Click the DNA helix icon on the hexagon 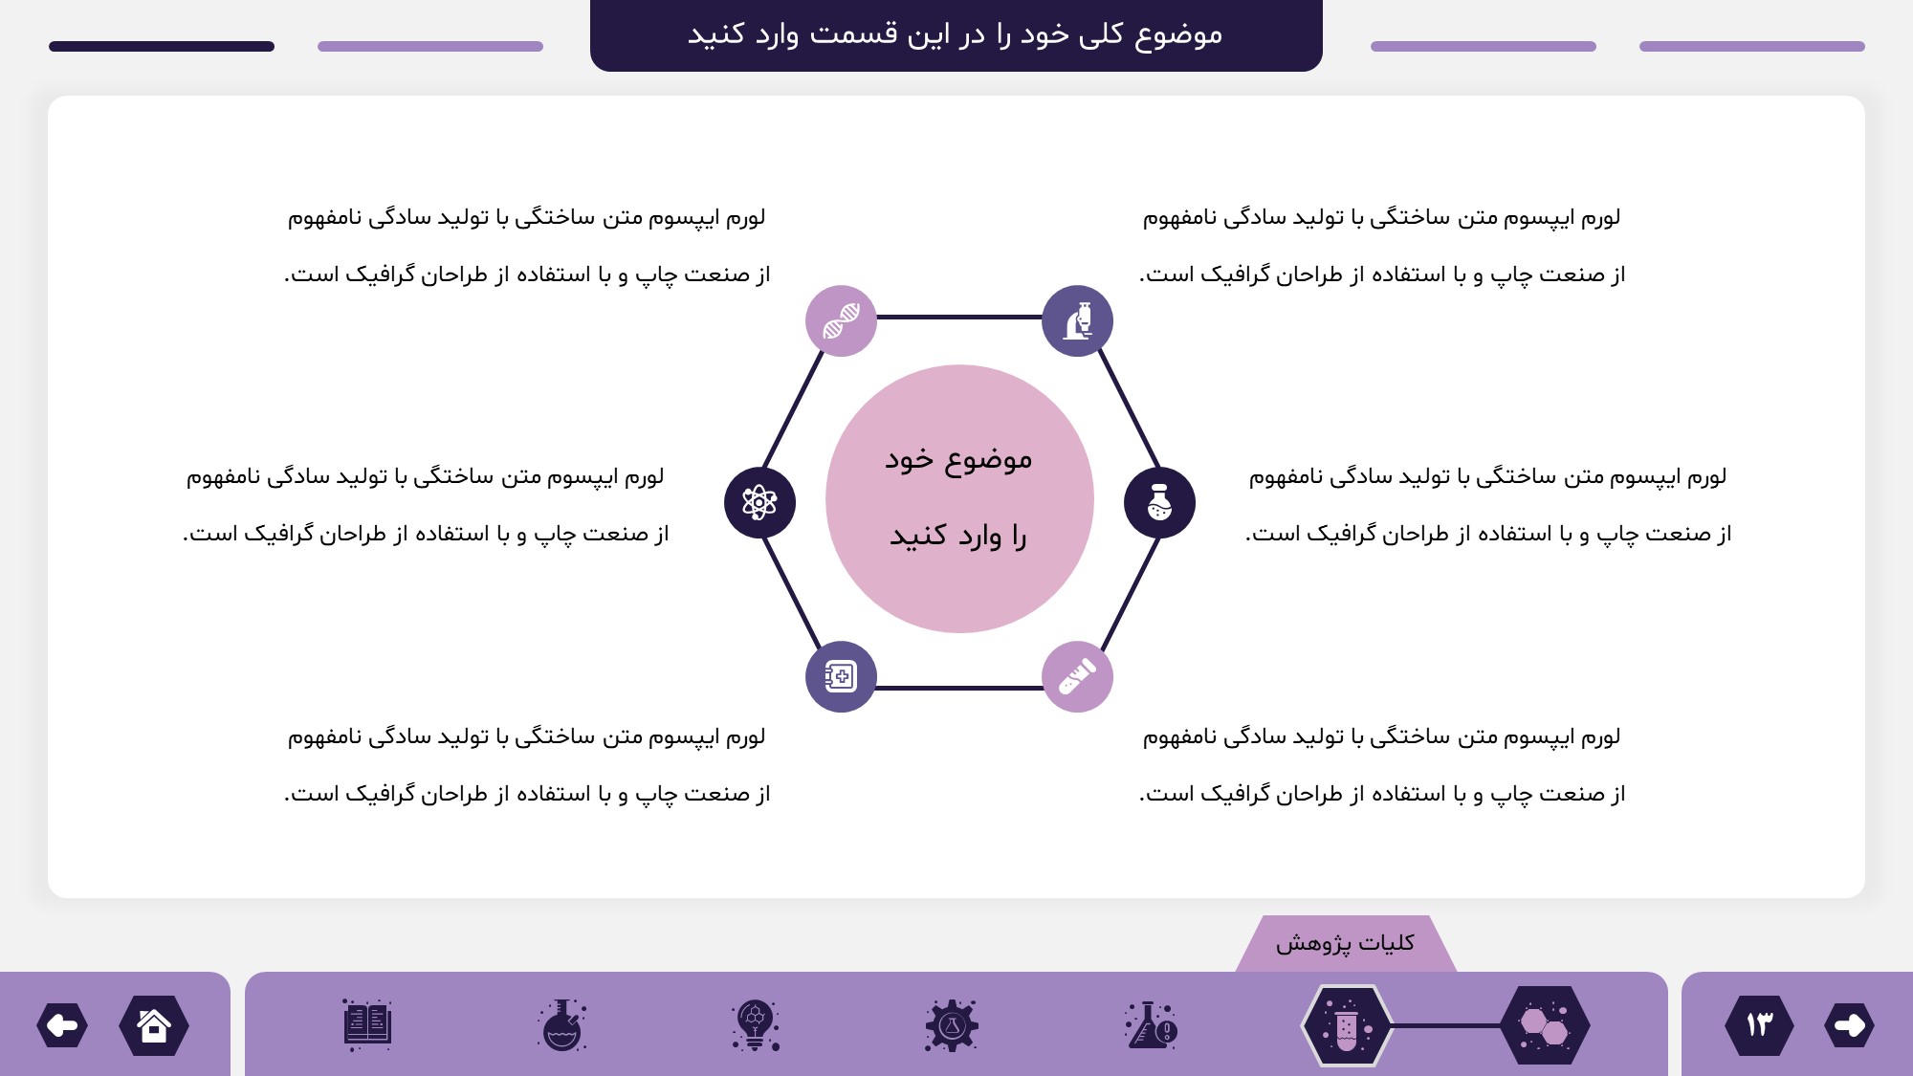[841, 320]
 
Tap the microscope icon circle [1077, 320]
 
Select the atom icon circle [759, 502]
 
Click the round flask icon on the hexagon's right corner [1159, 502]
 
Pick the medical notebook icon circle [841, 676]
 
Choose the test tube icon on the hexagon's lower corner [1077, 676]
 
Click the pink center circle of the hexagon [959, 498]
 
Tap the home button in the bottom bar [154, 1025]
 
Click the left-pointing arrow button [62, 1025]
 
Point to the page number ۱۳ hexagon [1760, 1025]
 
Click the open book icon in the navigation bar [367, 1025]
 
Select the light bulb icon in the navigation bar [756, 1025]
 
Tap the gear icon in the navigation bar [952, 1025]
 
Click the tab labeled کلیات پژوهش [1346, 943]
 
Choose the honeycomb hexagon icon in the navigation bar [1545, 1025]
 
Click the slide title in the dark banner [956, 34]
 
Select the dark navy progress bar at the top [162, 46]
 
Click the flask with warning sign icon [1152, 1025]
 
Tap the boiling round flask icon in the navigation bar [562, 1025]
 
